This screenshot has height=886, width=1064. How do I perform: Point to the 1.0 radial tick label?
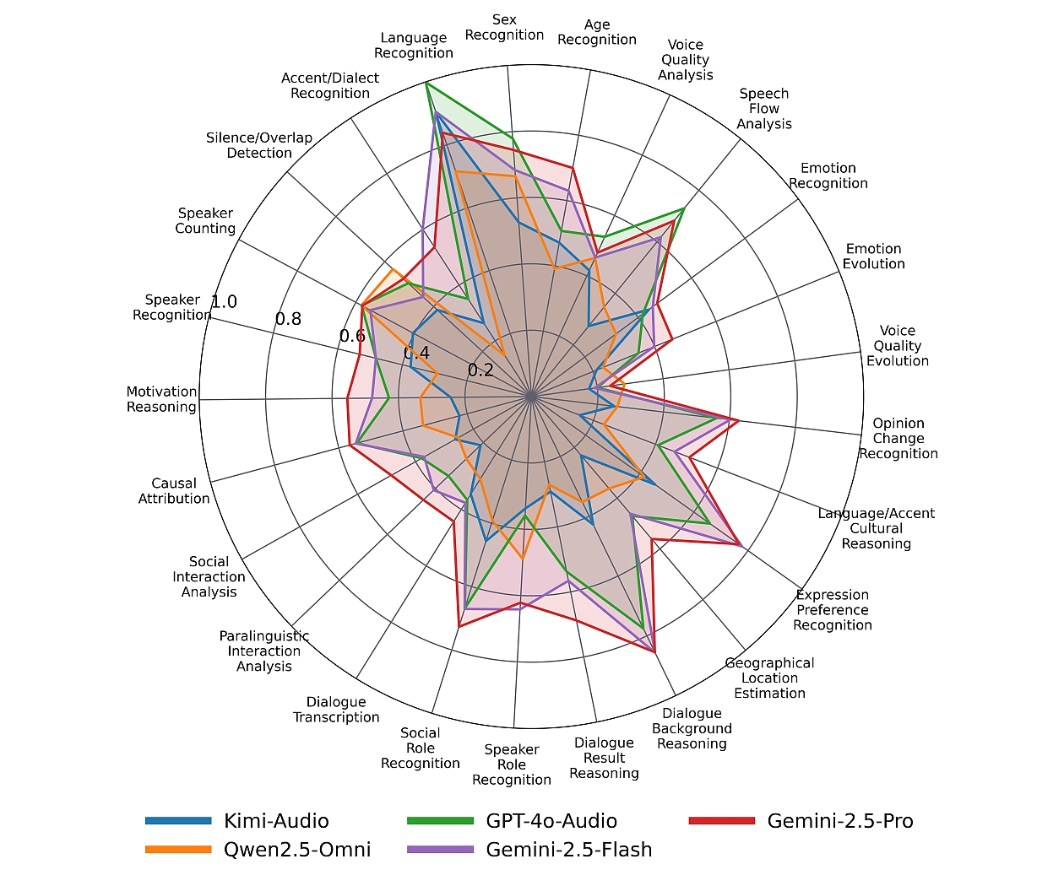pyautogui.click(x=224, y=302)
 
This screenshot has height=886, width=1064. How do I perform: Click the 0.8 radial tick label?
pyautogui.click(x=288, y=319)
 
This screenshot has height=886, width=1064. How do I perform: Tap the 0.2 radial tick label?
pyautogui.click(x=480, y=370)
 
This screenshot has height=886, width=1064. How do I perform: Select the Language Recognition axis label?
pyautogui.click(x=414, y=46)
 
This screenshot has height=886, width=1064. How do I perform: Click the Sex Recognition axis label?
pyautogui.click(x=504, y=27)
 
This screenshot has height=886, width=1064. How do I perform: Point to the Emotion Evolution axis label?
pyautogui.click(x=874, y=257)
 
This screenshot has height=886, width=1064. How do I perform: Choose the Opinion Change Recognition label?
pyautogui.click(x=898, y=439)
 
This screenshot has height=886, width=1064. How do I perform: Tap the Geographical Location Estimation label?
pyautogui.click(x=769, y=678)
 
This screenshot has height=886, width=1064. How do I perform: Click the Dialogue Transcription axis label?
pyautogui.click(x=336, y=710)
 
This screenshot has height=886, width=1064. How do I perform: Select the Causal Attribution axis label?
pyautogui.click(x=174, y=491)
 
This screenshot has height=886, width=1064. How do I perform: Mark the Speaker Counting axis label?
pyautogui.click(x=205, y=221)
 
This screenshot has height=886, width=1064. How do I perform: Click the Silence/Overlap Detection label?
pyautogui.click(x=259, y=145)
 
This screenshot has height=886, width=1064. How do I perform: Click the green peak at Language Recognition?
pyautogui.click(x=426, y=84)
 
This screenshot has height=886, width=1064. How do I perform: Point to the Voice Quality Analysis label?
pyautogui.click(x=686, y=60)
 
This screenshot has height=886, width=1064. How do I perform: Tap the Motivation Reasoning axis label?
pyautogui.click(x=161, y=399)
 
